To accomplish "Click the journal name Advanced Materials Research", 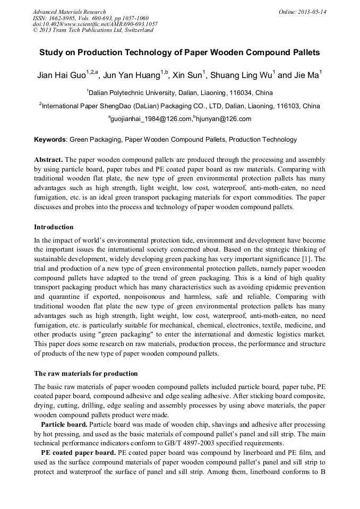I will point(69,12).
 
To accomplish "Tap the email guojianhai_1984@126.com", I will point(150,119).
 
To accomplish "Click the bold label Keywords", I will point(50,140).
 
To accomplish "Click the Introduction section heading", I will point(54,227).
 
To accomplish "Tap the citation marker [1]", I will point(305,259).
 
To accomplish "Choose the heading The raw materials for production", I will point(85,374).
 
